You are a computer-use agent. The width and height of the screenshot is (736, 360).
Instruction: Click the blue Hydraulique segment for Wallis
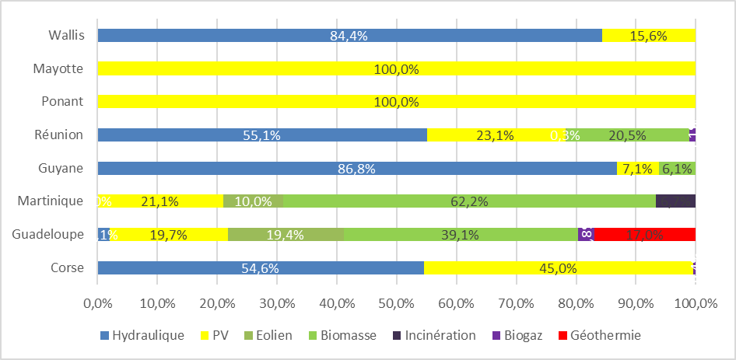[x=349, y=35]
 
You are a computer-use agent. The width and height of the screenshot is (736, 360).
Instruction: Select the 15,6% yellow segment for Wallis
[x=648, y=35]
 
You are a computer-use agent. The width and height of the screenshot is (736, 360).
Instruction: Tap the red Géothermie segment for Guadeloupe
[x=645, y=234]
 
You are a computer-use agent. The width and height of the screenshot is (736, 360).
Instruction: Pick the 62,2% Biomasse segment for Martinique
[x=468, y=201]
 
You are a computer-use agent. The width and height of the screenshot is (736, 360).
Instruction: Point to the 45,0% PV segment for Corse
[x=558, y=268]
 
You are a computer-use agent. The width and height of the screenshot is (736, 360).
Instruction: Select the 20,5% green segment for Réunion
[x=627, y=135]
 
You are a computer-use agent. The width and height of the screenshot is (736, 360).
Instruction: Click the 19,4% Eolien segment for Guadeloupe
[x=285, y=234]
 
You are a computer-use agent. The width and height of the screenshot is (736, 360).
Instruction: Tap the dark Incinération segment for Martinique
[x=675, y=201]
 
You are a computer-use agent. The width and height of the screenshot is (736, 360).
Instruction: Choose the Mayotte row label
[x=58, y=68]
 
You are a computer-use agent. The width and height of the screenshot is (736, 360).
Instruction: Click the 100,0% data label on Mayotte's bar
[x=396, y=68]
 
